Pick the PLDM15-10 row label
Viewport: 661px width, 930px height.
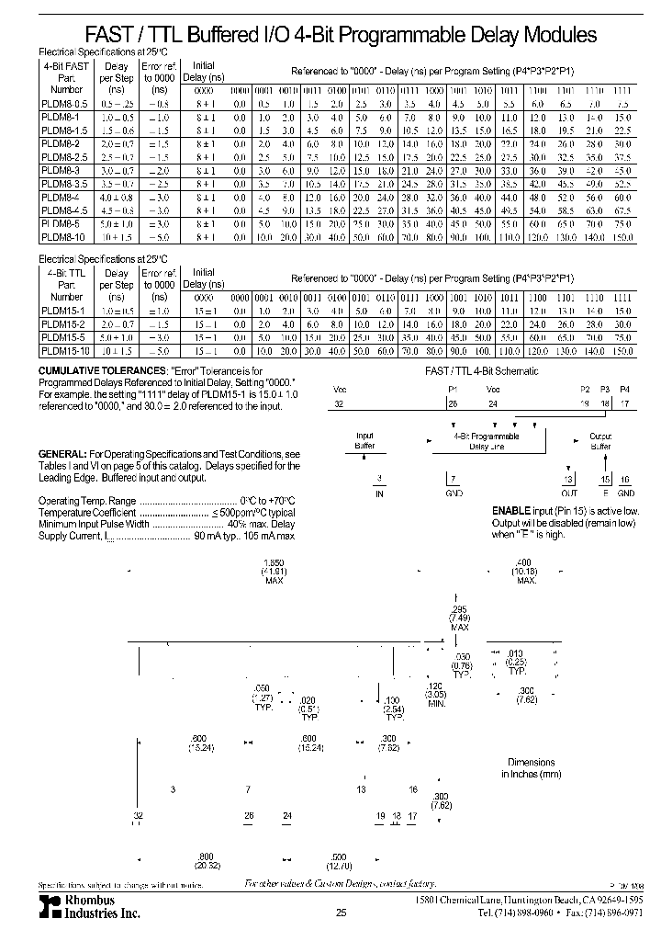(x=66, y=352)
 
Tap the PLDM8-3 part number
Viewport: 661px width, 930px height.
(x=62, y=171)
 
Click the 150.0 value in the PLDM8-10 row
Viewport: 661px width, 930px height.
(x=622, y=237)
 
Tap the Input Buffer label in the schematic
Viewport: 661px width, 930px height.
(x=364, y=441)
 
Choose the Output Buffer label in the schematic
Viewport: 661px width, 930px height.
(x=600, y=441)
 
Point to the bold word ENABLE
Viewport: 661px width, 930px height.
(x=510, y=510)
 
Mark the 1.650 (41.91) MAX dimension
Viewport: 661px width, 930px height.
(x=274, y=572)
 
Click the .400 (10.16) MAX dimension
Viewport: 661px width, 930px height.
(x=525, y=572)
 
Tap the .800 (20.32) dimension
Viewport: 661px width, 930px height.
(x=206, y=860)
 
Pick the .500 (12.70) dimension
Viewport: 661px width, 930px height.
(x=340, y=860)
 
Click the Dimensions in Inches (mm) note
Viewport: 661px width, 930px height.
(x=532, y=768)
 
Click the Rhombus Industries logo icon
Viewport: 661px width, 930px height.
(x=48, y=905)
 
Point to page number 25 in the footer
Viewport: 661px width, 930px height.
(x=341, y=913)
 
